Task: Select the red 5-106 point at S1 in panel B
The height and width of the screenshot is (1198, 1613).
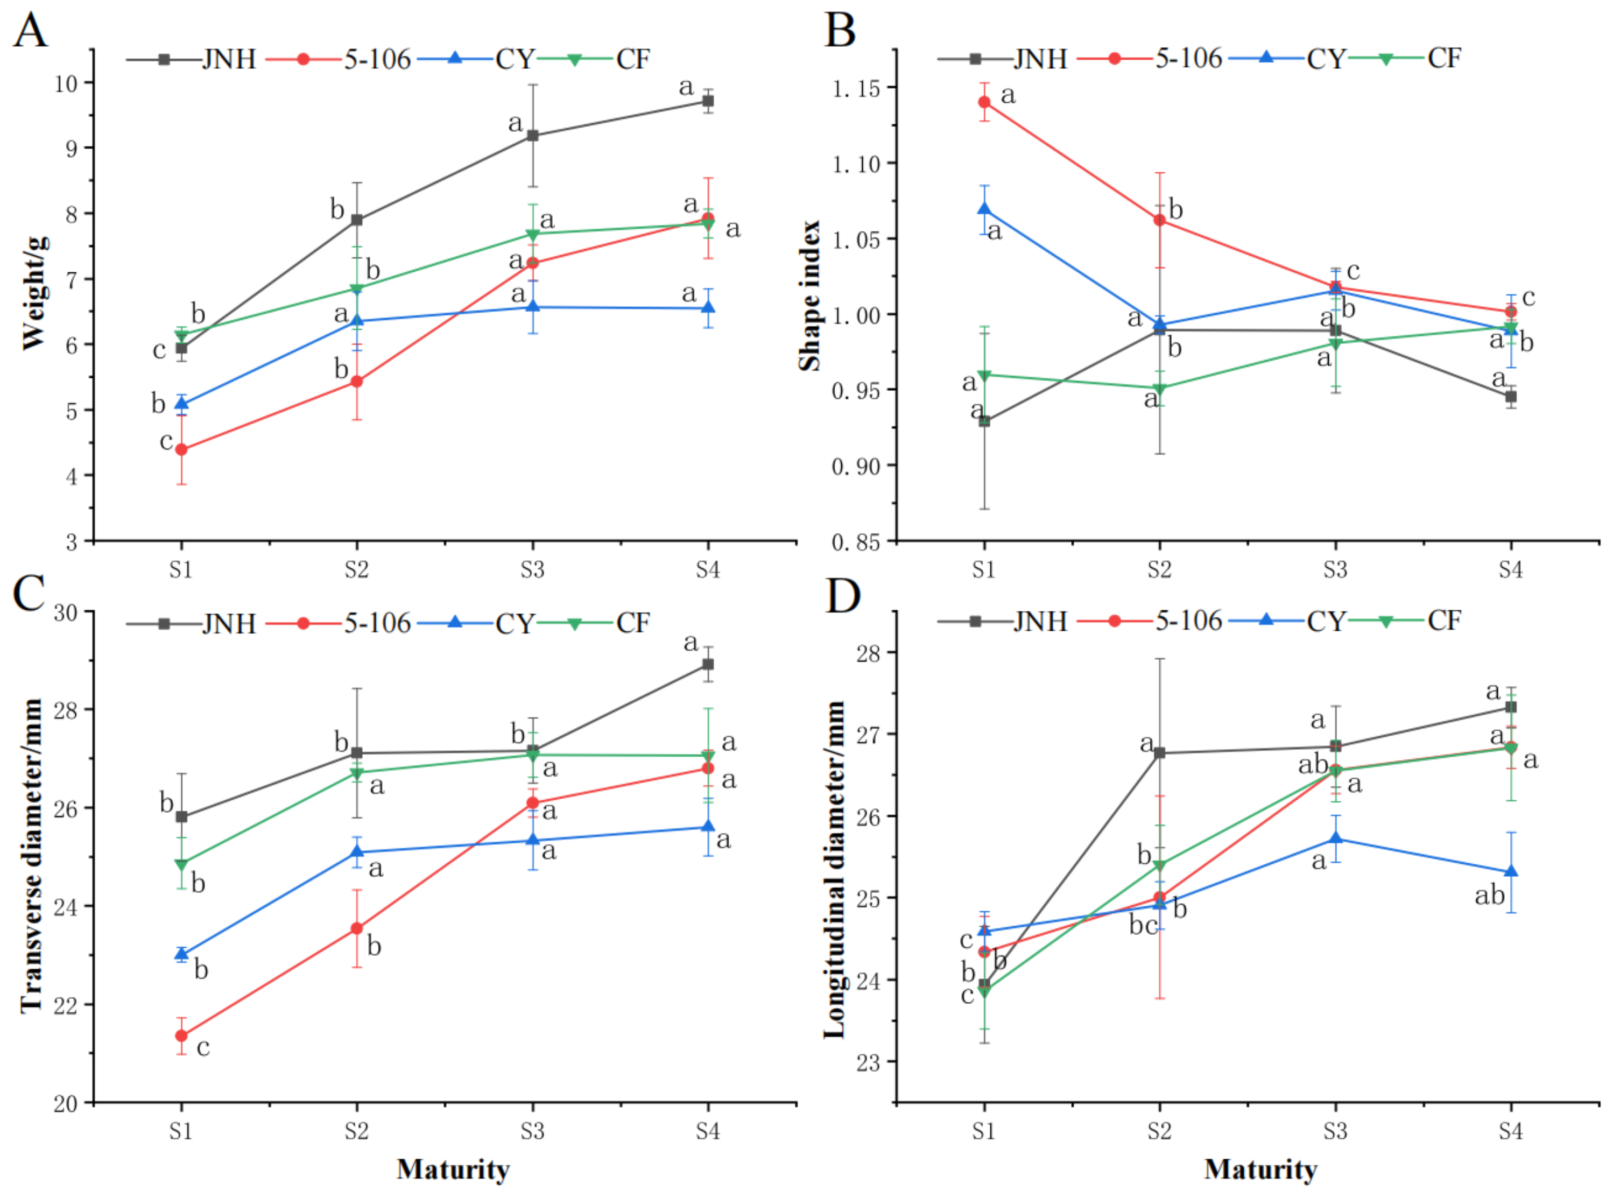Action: [x=984, y=102]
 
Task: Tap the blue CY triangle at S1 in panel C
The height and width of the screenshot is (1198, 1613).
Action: [x=181, y=954]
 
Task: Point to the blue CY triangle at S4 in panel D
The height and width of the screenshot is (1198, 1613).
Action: [x=1511, y=871]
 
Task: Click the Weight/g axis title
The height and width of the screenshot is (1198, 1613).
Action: [x=35, y=293]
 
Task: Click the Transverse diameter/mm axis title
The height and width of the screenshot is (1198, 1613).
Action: [x=32, y=856]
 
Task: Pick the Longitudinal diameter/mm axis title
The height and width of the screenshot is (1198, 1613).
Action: [x=835, y=870]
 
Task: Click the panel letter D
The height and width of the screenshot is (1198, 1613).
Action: [x=842, y=596]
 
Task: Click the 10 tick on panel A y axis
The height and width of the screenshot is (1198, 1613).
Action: [x=65, y=83]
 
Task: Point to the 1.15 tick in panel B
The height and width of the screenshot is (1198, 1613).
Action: [x=856, y=88]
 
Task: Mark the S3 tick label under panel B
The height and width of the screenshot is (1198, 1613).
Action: [x=1335, y=569]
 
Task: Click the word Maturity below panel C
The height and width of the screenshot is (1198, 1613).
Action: [x=453, y=1169]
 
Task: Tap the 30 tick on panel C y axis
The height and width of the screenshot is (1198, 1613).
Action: [x=65, y=613]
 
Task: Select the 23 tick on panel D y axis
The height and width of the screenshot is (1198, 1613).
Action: [x=868, y=1063]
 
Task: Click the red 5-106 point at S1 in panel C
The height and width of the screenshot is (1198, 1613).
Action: [x=181, y=1035]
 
